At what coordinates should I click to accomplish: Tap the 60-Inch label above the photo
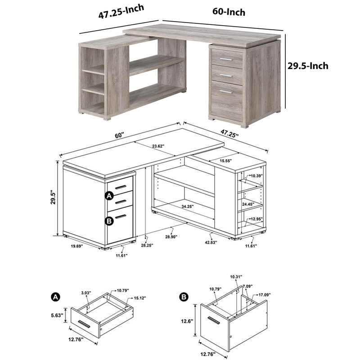tap(229, 12)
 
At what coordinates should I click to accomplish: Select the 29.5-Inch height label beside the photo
tap(308, 66)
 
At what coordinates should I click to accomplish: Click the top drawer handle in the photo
tap(226, 59)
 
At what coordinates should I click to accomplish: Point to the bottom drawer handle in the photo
tap(226, 92)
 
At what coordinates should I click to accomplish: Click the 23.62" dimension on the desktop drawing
tap(158, 146)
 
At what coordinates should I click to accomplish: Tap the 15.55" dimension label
tap(226, 161)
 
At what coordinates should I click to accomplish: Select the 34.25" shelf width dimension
tap(187, 207)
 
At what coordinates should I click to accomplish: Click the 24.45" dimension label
tap(248, 204)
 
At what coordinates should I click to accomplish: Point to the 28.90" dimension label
tap(171, 237)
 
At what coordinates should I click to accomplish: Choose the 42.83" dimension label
tap(211, 242)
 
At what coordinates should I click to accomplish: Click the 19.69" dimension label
tap(76, 246)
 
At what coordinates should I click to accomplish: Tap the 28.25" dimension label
tap(147, 245)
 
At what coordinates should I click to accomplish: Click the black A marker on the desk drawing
tap(109, 196)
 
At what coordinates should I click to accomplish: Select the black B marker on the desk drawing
tap(109, 221)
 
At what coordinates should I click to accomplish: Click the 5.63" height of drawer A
tap(57, 315)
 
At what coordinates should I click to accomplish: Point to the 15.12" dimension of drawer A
tap(140, 298)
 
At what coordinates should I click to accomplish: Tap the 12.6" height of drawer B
tap(187, 321)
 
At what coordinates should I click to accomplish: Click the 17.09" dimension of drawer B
tap(265, 294)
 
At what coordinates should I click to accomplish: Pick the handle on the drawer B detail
tap(213, 320)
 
